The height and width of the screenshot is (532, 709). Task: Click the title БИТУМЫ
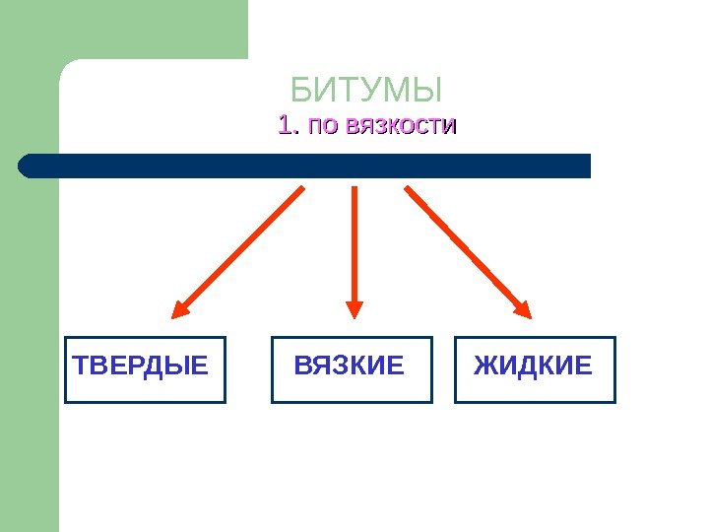366,91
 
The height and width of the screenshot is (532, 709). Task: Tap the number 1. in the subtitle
288,126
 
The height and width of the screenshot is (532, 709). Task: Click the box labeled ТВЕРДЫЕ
145,369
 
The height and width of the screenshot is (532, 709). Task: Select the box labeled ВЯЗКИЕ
351,369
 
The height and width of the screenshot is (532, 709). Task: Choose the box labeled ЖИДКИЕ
535,369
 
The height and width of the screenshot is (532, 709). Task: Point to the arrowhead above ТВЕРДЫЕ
180,308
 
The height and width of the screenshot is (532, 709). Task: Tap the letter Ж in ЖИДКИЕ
485,366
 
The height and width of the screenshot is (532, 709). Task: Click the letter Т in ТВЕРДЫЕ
82,366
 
